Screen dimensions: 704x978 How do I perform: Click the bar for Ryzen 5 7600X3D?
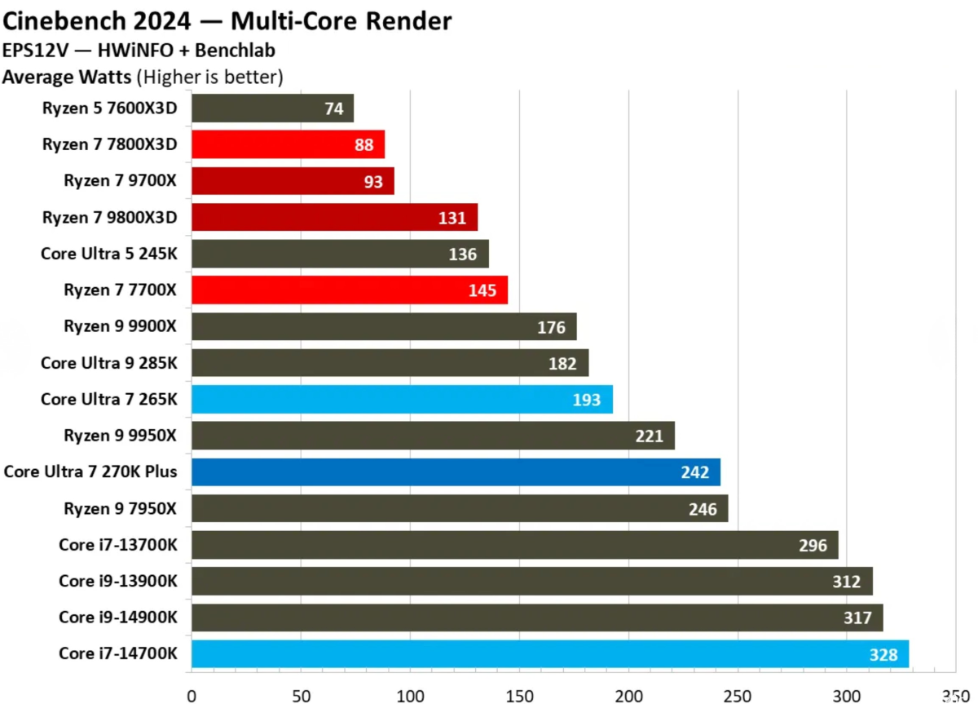point(272,108)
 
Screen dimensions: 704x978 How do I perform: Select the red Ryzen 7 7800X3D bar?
point(288,145)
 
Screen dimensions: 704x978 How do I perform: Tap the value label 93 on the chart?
point(373,182)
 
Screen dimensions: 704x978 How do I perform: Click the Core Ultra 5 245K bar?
point(340,255)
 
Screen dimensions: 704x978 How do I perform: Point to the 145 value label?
point(482,290)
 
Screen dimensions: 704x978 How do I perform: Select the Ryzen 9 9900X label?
point(120,326)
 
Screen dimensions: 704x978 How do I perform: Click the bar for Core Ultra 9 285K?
point(390,363)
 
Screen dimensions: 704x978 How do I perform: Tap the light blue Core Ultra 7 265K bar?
point(402,400)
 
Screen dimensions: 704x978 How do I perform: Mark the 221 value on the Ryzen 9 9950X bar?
point(649,436)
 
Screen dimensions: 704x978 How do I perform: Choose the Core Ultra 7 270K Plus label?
point(90,472)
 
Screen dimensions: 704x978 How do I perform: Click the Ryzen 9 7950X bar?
point(460,509)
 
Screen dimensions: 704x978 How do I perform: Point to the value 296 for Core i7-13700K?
point(813,546)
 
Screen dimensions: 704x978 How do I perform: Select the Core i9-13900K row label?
point(117,581)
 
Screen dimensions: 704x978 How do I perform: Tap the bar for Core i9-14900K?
point(537,618)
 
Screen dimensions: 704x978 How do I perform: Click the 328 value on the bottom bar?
point(883,654)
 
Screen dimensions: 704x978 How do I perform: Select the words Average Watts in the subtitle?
point(68,77)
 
